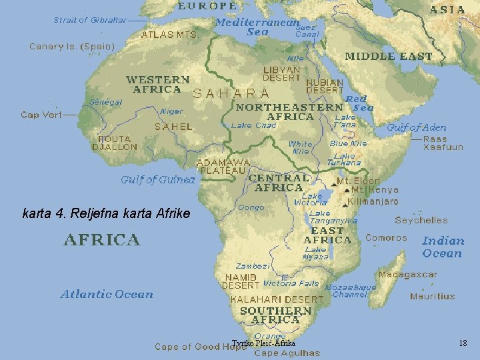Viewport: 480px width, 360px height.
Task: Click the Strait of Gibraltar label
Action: tap(90, 20)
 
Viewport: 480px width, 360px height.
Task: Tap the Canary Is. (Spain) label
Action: tap(72, 47)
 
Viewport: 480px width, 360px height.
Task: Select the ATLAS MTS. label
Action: tap(169, 35)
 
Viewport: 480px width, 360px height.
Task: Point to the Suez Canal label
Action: tap(307, 31)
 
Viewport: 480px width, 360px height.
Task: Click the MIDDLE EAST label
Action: tap(389, 57)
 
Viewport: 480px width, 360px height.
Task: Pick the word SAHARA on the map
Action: tap(231, 94)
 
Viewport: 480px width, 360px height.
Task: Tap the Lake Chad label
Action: tap(253, 125)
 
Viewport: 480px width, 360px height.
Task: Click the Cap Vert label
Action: tap(41, 115)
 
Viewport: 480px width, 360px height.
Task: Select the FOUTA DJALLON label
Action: tap(115, 143)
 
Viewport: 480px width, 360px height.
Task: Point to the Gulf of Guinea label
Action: tap(158, 179)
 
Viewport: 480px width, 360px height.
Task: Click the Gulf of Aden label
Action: tap(417, 127)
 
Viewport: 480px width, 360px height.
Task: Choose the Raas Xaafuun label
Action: tap(443, 143)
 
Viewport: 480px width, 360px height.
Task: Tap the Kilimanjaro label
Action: tap(373, 201)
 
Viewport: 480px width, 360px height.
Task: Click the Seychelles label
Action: tap(421, 220)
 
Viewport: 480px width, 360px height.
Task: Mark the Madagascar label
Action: tap(408, 275)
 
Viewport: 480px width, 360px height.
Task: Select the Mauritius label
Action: tap(433, 297)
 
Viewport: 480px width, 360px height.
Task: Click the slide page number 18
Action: tap(463, 343)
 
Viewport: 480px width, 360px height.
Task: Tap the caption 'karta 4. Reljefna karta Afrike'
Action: tap(106, 214)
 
